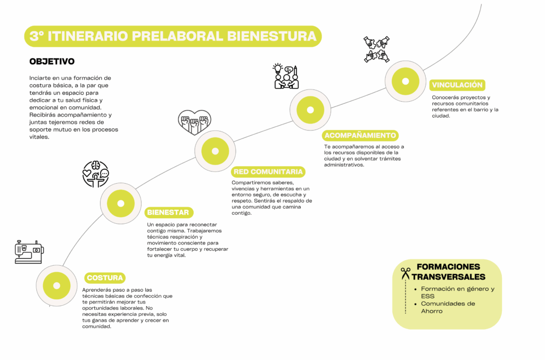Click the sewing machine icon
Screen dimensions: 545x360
click(x=29, y=252)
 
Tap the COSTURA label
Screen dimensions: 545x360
click(x=105, y=278)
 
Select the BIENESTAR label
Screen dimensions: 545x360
click(x=169, y=212)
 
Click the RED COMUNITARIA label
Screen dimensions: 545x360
click(x=268, y=172)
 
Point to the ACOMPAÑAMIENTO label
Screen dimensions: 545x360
click(x=360, y=135)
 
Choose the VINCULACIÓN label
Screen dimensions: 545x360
click(x=457, y=85)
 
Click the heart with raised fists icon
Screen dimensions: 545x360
click(x=195, y=122)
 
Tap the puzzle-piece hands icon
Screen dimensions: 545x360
click(x=376, y=50)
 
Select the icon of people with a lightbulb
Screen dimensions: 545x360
click(x=286, y=76)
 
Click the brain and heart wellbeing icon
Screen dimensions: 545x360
click(x=96, y=174)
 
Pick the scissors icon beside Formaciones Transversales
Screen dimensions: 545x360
click(x=405, y=274)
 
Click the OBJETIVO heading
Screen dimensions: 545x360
click(x=52, y=62)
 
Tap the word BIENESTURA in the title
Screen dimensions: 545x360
click(x=272, y=36)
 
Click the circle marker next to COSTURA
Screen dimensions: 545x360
click(x=56, y=285)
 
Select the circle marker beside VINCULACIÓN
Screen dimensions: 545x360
click(x=405, y=81)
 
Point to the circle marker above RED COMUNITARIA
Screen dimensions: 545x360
click(x=215, y=151)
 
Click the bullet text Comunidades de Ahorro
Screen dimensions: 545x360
click(x=448, y=307)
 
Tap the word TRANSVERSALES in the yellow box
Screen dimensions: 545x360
click(x=448, y=277)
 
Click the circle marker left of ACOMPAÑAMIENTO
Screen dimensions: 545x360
click(x=310, y=110)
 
